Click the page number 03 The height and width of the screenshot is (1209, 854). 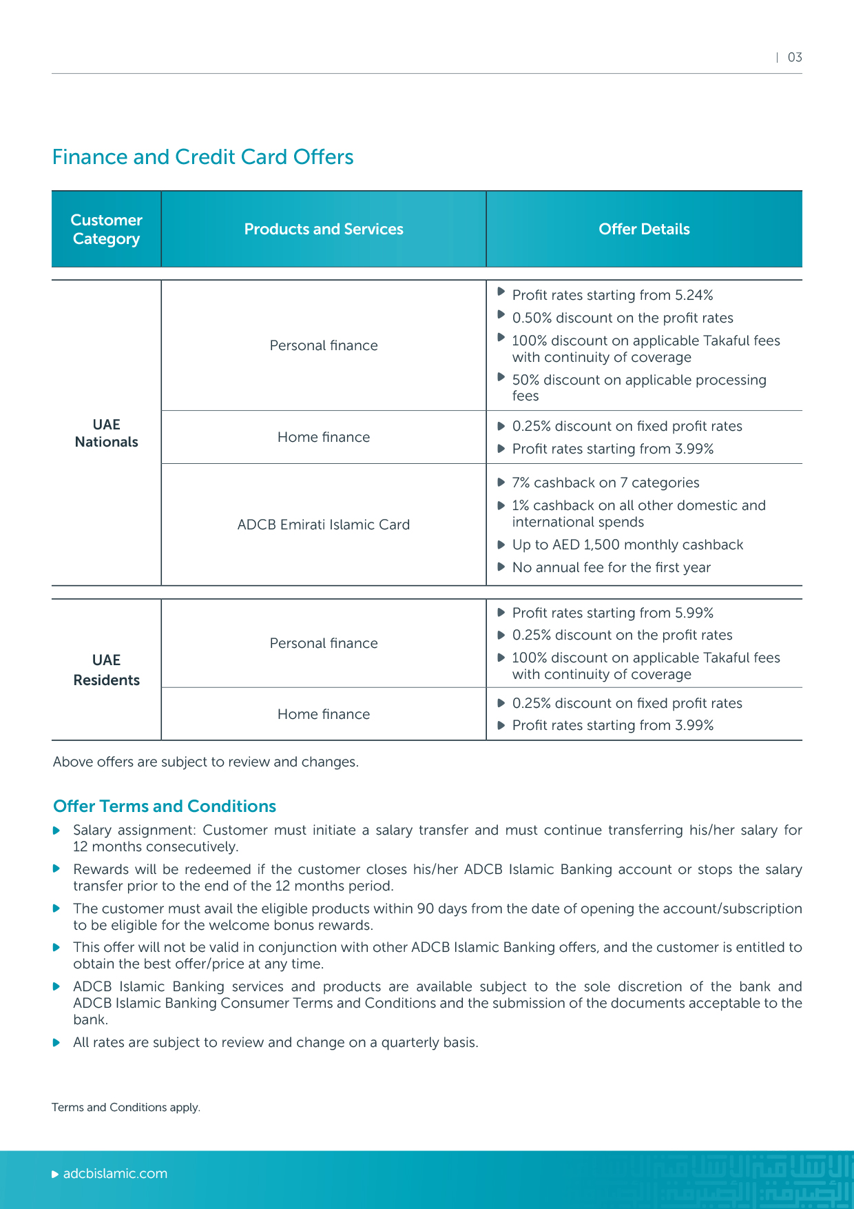[795, 57]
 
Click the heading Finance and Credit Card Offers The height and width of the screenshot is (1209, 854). [202, 157]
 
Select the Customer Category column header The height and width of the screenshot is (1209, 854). [106, 229]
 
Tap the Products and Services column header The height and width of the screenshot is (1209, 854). [324, 229]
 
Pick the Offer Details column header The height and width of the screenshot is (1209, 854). [644, 229]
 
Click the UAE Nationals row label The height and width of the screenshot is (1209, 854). [106, 433]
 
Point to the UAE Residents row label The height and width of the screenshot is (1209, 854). [106, 670]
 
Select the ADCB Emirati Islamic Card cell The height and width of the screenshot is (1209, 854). [324, 525]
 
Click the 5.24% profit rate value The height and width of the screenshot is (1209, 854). [694, 295]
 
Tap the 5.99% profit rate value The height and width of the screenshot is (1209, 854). [694, 613]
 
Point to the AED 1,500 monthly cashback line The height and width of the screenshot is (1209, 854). [627, 545]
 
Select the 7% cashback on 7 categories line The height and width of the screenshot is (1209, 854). [605, 482]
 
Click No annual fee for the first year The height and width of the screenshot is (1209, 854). [611, 567]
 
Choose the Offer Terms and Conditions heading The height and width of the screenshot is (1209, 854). [165, 806]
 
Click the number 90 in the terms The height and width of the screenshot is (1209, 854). [426, 908]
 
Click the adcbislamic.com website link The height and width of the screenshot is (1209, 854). [115, 1174]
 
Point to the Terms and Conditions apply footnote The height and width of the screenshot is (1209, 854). [126, 1107]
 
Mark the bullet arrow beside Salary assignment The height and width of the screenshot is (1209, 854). [57, 831]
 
